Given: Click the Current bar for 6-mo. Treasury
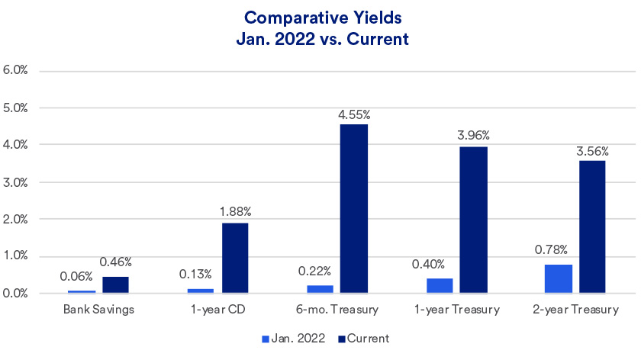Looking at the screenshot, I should point(354,208).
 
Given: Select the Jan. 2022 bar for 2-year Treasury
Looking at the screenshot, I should point(559,278).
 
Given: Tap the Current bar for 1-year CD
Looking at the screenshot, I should point(235,258).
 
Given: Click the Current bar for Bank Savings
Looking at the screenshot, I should point(115,284).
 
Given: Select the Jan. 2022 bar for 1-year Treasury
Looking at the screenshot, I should point(439,285).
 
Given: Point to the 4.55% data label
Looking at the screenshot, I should point(354,114).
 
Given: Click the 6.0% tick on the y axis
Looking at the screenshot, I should point(16,70).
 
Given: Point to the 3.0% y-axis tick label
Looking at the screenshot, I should point(16,182).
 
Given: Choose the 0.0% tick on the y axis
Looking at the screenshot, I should point(16,294).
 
